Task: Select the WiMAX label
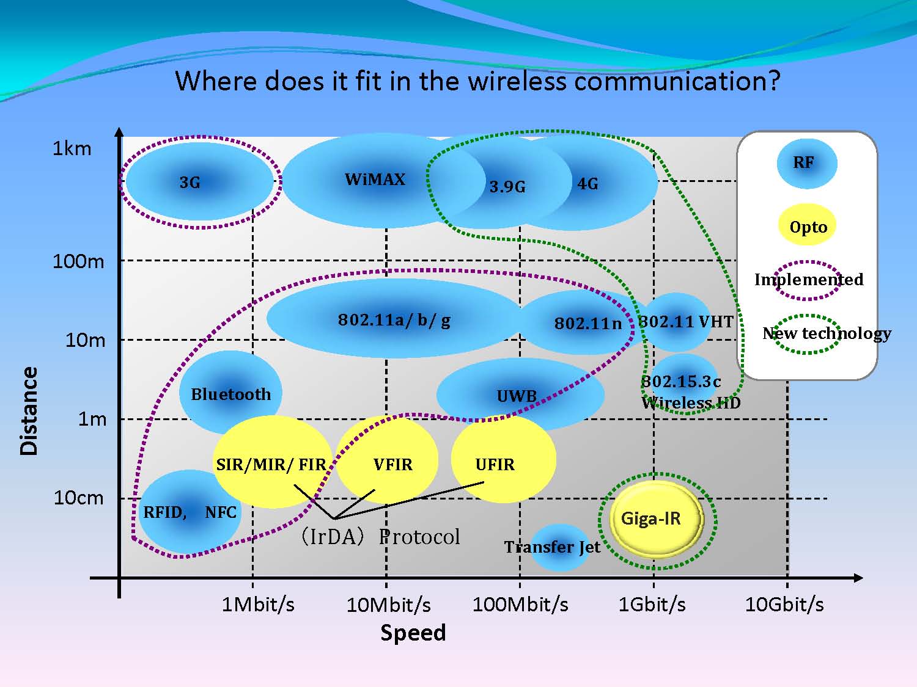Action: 375,180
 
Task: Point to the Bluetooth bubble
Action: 230,394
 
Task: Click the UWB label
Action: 517,396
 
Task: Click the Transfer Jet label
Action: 552,547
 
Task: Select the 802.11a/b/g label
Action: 394,320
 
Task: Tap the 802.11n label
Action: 587,324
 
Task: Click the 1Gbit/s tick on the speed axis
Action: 652,605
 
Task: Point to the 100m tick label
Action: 78,262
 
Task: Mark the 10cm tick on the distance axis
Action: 79,498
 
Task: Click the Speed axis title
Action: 413,633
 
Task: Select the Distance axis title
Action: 29,411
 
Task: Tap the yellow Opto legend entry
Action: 808,226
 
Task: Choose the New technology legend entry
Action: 827,333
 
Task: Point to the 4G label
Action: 587,184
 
